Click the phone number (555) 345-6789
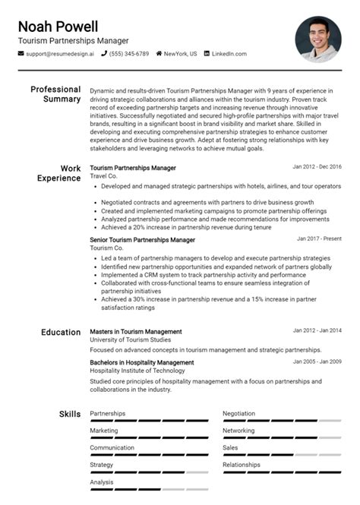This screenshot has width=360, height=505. click(x=130, y=54)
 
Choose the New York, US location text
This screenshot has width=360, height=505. click(x=181, y=54)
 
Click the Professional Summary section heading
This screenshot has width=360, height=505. click(x=55, y=94)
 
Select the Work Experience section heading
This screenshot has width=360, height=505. click(x=59, y=173)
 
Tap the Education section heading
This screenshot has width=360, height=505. click(x=60, y=332)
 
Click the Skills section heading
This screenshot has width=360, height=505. click(x=70, y=414)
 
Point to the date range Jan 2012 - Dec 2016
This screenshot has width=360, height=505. click(x=317, y=166)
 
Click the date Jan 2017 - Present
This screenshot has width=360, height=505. click(x=319, y=238)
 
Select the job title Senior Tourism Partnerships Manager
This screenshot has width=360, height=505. click(x=142, y=240)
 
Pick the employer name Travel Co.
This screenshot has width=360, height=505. click(x=103, y=175)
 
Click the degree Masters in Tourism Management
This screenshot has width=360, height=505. click(x=136, y=332)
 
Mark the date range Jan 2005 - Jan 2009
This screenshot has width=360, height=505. click(x=317, y=362)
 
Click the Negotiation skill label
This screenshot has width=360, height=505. click(x=238, y=414)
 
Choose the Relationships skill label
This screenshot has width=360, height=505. click(x=241, y=465)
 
